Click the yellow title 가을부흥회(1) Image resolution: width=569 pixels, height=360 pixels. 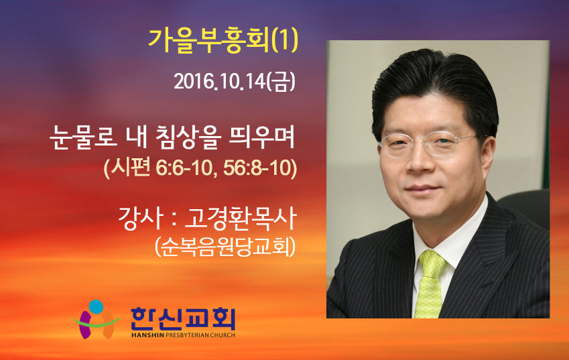point(223,41)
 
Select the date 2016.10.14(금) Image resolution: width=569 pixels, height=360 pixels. point(235,82)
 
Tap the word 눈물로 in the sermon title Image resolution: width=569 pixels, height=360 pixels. point(84,137)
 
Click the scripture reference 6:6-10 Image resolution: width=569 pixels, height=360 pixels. point(184,168)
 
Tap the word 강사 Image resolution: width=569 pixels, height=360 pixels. point(139,218)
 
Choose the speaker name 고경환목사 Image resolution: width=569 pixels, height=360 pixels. point(241,218)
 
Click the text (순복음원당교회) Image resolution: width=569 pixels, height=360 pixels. point(225,247)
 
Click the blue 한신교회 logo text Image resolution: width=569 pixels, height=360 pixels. point(183,318)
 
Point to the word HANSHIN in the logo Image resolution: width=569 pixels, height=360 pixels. point(147,335)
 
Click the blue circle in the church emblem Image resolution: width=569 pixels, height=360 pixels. point(96,306)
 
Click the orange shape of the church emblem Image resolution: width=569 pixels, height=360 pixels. point(109,324)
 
